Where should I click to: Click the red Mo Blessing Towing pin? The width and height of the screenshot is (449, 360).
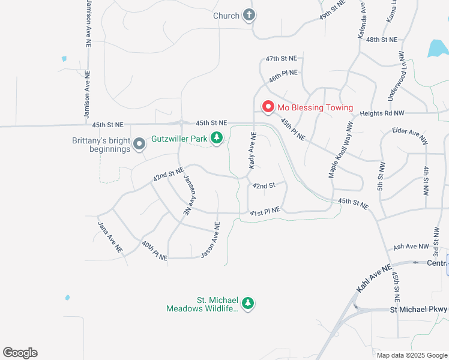[268, 107]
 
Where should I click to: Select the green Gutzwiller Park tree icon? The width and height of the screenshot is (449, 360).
[217, 139]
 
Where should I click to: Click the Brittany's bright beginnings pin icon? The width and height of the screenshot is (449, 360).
[139, 143]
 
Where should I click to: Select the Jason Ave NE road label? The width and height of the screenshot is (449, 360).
[211, 239]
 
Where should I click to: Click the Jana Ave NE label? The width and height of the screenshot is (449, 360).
[110, 236]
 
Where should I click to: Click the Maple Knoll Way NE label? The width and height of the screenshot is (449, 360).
[342, 150]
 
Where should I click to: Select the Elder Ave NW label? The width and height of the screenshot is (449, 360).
[409, 135]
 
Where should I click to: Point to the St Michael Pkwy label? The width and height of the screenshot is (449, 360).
[418, 310]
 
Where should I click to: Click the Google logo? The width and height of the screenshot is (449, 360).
[20, 353]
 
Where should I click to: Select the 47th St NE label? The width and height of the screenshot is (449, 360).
[282, 58]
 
